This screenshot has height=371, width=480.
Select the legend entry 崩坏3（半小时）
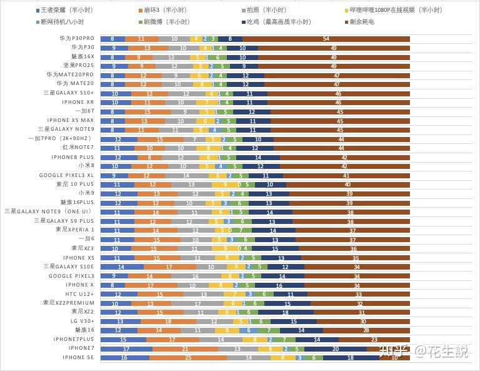(165, 10)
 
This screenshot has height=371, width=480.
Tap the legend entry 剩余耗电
(362, 22)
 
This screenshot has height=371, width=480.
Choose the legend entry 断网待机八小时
(66, 22)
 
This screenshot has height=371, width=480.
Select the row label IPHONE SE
(78, 357)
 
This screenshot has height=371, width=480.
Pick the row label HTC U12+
(80, 293)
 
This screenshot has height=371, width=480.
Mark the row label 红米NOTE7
(78, 148)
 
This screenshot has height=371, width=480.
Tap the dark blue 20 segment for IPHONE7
(336, 348)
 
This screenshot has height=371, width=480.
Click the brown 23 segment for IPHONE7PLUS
(374, 340)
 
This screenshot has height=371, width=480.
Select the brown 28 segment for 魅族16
(366, 330)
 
